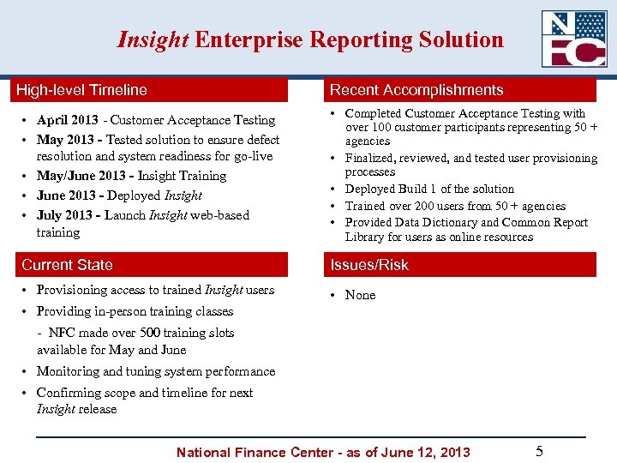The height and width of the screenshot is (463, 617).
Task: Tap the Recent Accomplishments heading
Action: tap(416, 90)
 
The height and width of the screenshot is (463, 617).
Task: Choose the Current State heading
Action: tap(67, 265)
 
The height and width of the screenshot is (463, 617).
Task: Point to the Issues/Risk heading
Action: tap(369, 265)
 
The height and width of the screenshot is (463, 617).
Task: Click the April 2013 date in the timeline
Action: tap(67, 120)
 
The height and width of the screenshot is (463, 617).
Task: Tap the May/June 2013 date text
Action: tap(80, 176)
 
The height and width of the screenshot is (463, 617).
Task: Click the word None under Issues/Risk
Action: tap(360, 295)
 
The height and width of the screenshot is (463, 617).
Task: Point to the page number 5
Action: tap(539, 451)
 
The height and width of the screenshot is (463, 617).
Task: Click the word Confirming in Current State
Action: tap(70, 393)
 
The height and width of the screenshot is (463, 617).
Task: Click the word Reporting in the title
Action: tap(357, 40)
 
